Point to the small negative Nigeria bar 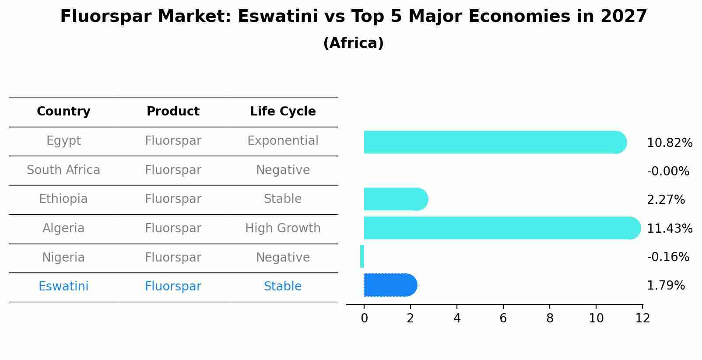pos(362,256)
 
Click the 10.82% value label pos(669,143)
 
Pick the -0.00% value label pos(668,171)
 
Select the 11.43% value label pos(669,229)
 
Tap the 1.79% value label pos(665,286)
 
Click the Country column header pos(63,112)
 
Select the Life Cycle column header pos(283,112)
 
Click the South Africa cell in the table pos(63,170)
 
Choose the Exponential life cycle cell pos(283,141)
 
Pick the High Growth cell pos(283,228)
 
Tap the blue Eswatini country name pos(63,287)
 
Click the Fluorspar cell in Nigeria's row pos(173,258)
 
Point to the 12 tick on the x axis pos(642,318)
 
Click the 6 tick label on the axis pos(503,318)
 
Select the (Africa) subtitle pos(353,43)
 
